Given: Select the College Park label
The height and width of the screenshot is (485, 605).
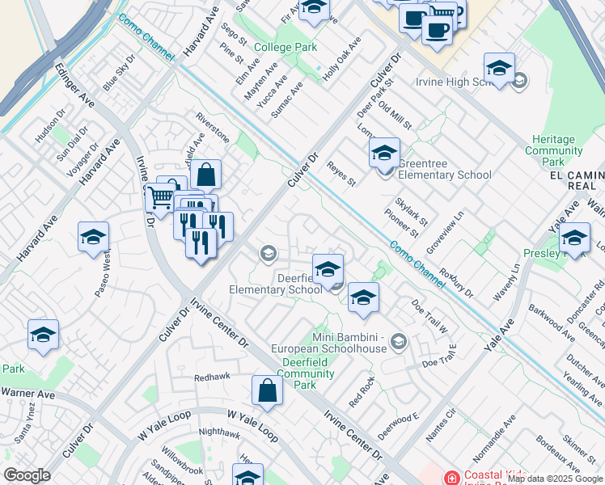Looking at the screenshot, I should click(286, 48).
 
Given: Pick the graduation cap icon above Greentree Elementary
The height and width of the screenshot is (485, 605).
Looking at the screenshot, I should click(384, 151).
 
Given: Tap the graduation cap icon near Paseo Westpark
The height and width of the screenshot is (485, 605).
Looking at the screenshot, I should click(93, 237).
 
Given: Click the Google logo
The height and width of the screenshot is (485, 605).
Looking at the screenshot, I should click(27, 475).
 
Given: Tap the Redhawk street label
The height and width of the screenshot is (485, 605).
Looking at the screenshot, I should click(213, 377).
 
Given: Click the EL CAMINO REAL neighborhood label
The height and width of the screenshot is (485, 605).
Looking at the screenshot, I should click(577, 180).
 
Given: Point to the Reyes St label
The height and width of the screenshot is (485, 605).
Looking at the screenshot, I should click(341, 173).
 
